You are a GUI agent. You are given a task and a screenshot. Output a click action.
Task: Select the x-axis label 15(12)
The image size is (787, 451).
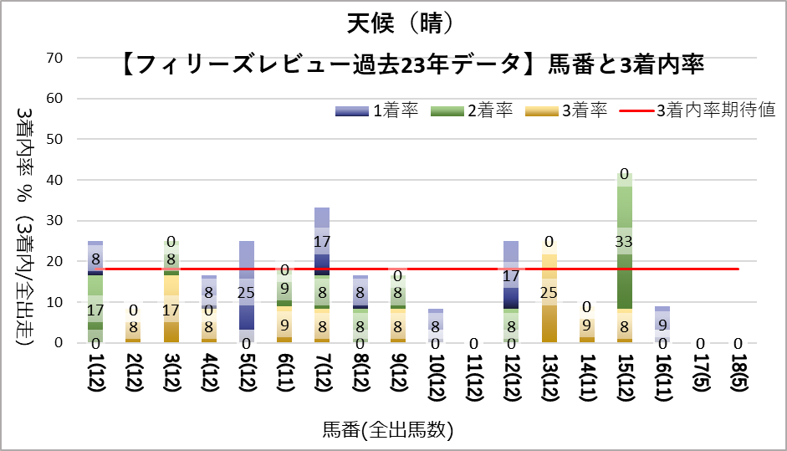click(624, 380)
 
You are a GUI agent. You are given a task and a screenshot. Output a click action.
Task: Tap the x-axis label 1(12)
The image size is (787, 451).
click(95, 380)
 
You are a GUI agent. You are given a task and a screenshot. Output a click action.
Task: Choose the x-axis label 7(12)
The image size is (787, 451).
click(322, 380)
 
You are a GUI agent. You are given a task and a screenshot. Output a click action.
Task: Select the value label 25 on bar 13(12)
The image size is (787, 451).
click(549, 292)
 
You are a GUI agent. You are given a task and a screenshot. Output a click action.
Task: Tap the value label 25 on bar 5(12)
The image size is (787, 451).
click(247, 292)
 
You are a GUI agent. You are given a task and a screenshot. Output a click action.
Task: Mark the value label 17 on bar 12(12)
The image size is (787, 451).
click(510, 275)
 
